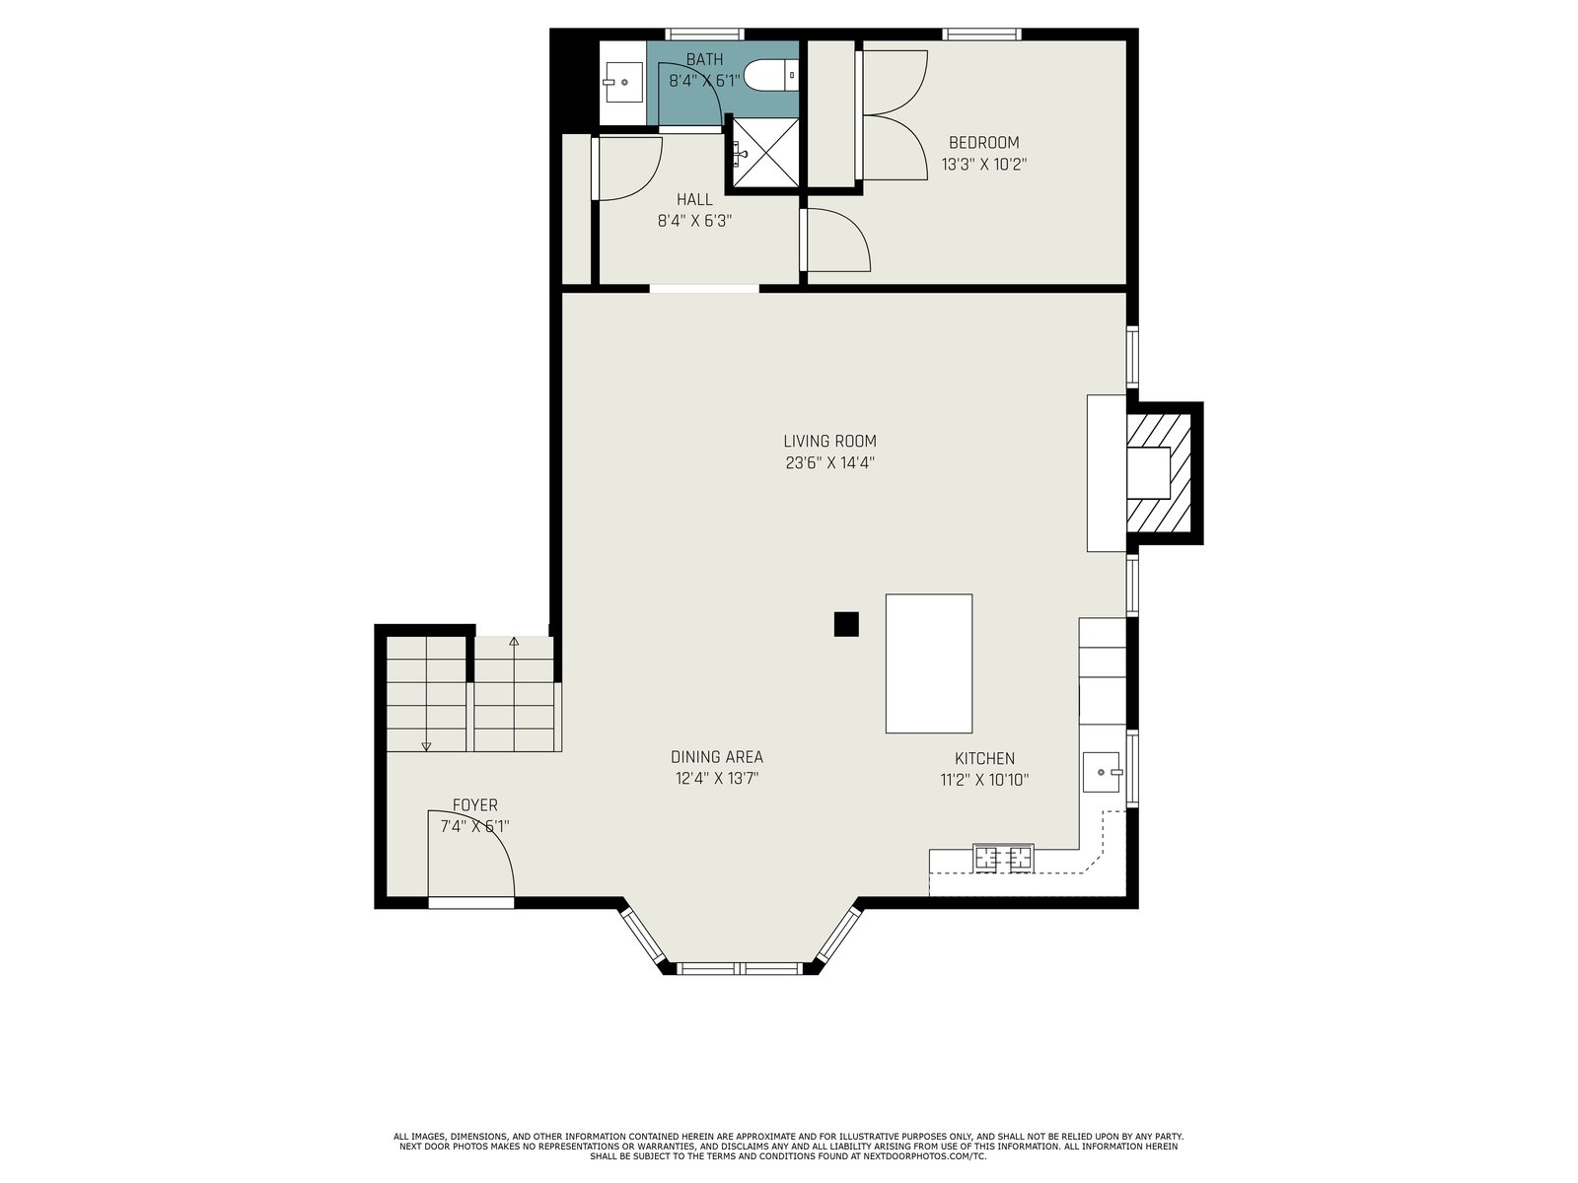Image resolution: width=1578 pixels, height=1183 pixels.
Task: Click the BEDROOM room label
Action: (x=983, y=142)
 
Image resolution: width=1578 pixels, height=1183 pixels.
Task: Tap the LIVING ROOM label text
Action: (x=829, y=441)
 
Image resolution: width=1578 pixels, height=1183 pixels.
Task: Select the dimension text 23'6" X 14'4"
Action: (x=829, y=463)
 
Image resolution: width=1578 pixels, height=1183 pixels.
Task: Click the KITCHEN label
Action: (x=984, y=758)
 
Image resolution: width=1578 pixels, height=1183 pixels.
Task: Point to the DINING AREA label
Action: (x=717, y=756)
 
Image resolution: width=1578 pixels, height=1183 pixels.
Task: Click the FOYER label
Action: (x=474, y=804)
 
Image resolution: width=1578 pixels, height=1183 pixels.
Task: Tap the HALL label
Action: (x=694, y=199)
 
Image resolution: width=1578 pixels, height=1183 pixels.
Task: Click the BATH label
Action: (x=704, y=59)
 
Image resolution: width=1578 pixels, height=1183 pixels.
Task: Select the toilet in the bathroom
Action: (x=770, y=75)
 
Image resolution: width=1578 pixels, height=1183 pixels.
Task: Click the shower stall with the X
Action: (x=765, y=153)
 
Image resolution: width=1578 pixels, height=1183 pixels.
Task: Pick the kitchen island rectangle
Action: (x=929, y=662)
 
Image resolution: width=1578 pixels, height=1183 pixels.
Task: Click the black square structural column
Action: (x=846, y=623)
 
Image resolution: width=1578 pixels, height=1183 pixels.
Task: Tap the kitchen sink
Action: (x=1102, y=772)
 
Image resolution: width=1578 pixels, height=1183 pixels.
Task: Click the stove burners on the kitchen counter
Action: (x=1003, y=858)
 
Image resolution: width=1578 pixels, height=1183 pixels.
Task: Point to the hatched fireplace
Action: (x=1158, y=472)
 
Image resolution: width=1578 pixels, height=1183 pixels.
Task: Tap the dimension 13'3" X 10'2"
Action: (x=983, y=165)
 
